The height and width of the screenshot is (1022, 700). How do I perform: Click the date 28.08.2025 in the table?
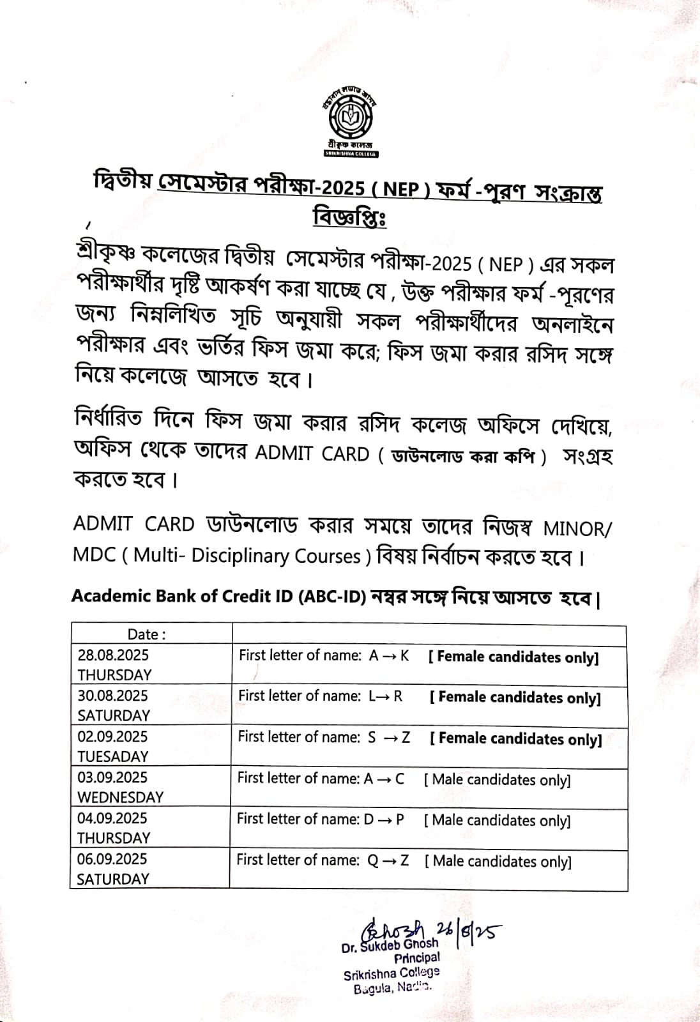point(113,655)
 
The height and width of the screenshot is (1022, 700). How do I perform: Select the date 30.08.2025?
point(112,696)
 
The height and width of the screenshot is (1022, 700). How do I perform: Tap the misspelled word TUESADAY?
point(112,756)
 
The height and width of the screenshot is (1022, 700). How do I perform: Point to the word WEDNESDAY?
point(121,797)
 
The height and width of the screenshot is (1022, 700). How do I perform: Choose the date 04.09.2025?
point(112,819)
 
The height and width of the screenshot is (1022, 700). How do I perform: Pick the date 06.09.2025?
point(112,860)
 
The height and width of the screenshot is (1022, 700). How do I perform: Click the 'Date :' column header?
point(146,634)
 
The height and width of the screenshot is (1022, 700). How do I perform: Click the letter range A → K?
point(389,656)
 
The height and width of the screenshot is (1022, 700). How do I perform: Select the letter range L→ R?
point(385,696)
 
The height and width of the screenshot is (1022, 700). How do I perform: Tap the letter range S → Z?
point(388,738)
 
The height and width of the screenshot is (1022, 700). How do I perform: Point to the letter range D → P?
point(384,820)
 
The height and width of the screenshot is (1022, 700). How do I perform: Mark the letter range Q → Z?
point(388,860)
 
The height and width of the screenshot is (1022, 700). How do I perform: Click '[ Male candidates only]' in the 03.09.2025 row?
point(497,780)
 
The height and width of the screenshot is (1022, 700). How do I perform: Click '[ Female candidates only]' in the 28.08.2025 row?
point(514,657)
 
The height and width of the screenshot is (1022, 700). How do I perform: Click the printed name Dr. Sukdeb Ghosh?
point(390,945)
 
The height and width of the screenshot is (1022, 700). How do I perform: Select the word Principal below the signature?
point(416,958)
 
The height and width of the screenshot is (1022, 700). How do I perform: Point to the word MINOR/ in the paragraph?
point(577,530)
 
